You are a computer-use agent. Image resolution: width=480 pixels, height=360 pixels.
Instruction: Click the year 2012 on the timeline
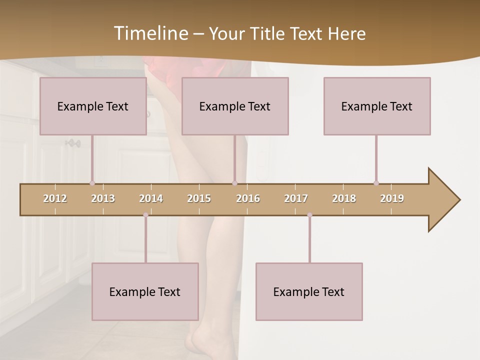(55, 198)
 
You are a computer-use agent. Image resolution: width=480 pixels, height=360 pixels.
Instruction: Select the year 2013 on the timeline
(103, 198)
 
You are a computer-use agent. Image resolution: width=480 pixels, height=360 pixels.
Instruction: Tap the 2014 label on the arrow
(151, 198)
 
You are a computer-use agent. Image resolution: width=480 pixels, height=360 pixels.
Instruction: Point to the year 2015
(199, 198)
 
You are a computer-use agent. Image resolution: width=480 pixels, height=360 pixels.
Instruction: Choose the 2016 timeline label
(248, 198)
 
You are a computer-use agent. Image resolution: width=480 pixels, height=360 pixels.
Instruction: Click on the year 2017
(296, 198)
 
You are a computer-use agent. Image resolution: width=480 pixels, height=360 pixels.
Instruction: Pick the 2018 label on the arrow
(344, 198)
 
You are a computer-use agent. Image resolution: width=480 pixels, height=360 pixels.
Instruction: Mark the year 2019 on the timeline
(392, 198)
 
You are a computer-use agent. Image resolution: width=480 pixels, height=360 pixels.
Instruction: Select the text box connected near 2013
(93, 106)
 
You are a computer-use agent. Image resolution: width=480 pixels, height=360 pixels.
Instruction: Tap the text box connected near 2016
(235, 106)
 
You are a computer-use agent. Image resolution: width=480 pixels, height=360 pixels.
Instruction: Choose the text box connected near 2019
(377, 106)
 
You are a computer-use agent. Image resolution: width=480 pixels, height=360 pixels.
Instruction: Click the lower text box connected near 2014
(145, 291)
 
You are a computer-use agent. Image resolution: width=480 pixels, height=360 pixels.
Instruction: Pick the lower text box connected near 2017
(309, 291)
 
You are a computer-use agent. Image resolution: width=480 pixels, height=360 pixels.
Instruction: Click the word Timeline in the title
(150, 33)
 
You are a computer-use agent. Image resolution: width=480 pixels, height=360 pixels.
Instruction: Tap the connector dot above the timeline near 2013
(92, 183)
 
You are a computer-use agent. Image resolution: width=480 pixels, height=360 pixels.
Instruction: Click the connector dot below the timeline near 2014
(145, 215)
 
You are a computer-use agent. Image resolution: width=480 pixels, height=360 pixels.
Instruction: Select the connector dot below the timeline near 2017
(309, 215)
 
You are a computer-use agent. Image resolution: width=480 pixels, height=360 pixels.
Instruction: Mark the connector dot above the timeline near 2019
(376, 183)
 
